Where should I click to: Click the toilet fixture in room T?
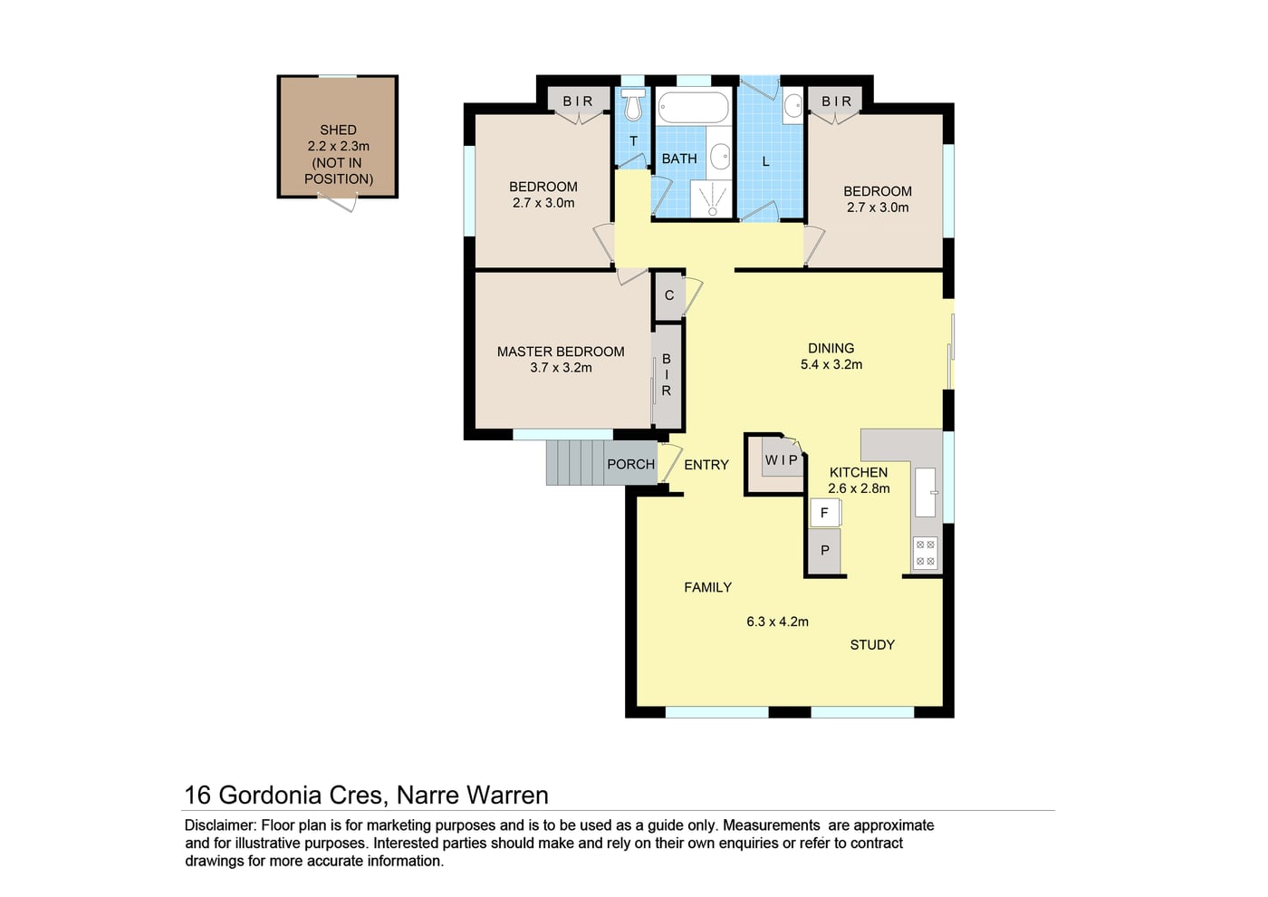tap(633, 104)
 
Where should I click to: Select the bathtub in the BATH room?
tap(694, 107)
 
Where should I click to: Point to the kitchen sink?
tap(926, 492)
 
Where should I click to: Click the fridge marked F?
tap(825, 513)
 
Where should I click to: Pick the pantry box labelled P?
tap(825, 550)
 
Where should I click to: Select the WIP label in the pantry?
tap(781, 460)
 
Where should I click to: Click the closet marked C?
tap(669, 295)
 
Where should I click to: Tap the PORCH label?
tap(630, 464)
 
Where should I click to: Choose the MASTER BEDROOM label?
tap(561, 352)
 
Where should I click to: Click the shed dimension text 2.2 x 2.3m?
tap(339, 146)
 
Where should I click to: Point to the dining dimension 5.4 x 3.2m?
tap(831, 364)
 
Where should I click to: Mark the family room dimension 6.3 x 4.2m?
tap(777, 622)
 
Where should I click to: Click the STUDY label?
tap(872, 645)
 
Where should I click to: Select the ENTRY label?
tap(706, 465)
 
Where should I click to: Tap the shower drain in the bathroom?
tap(713, 212)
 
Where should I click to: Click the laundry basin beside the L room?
tap(793, 106)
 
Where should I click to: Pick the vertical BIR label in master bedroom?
tap(667, 375)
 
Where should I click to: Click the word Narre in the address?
tap(427, 796)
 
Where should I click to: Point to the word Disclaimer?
tap(221, 825)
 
